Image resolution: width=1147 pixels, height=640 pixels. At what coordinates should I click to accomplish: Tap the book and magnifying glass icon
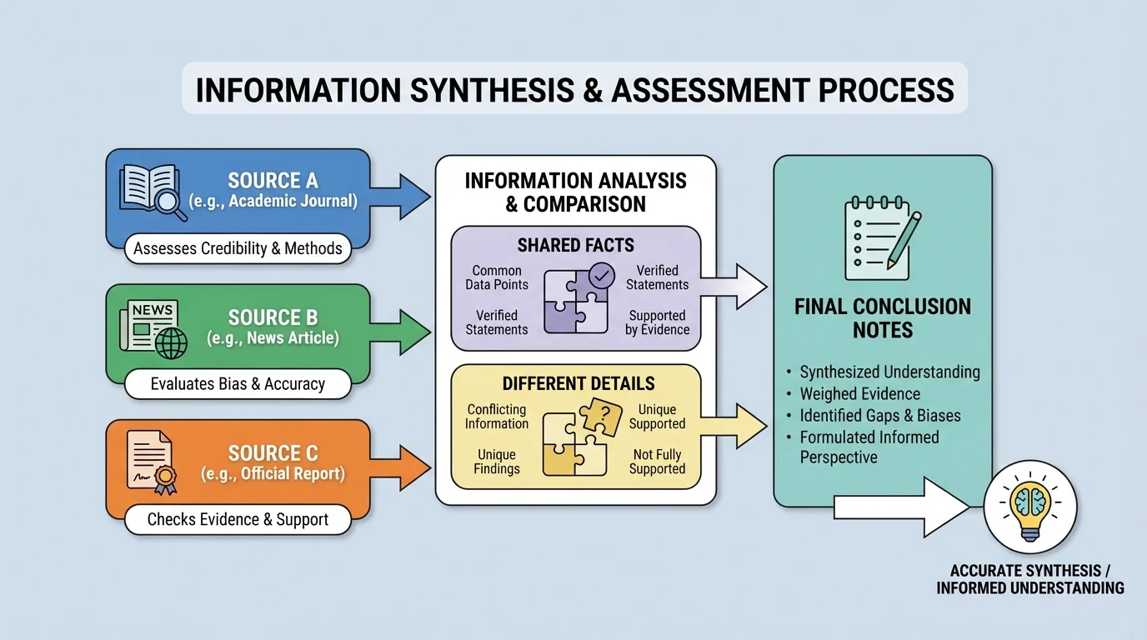click(x=153, y=191)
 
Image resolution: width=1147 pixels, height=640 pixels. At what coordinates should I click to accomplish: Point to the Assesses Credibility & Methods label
click(x=238, y=248)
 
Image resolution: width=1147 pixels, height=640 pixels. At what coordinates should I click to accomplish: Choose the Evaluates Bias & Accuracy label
click(x=238, y=384)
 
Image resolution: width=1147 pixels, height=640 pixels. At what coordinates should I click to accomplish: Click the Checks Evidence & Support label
click(x=238, y=519)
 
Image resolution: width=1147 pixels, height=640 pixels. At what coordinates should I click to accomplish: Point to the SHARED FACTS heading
click(x=575, y=245)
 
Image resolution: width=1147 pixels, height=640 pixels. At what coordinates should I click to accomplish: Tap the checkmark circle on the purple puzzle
click(x=601, y=274)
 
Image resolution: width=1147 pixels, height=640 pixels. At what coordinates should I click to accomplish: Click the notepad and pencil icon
click(x=882, y=237)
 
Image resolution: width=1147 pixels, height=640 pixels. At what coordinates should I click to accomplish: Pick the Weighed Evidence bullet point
click(x=859, y=394)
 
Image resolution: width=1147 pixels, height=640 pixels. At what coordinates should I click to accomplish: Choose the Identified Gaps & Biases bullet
click(x=879, y=416)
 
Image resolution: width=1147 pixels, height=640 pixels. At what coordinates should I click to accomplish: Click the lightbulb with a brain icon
click(x=1030, y=507)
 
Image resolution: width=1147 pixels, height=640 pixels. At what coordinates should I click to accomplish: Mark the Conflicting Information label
click(x=497, y=417)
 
